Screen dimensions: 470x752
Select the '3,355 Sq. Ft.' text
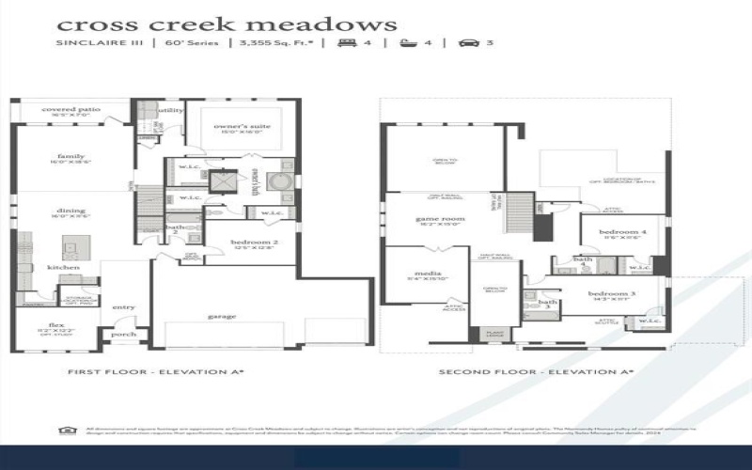[x=276, y=43]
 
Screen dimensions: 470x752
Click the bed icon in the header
[x=347, y=43]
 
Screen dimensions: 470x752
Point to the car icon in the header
[x=467, y=43]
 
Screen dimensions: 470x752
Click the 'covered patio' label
[x=70, y=109]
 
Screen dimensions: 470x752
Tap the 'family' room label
[x=70, y=156]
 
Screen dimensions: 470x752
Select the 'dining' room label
[x=70, y=212]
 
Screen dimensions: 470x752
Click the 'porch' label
[x=123, y=334]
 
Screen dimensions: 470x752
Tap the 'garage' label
[x=222, y=316]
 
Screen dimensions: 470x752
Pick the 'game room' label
[x=440, y=218]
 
